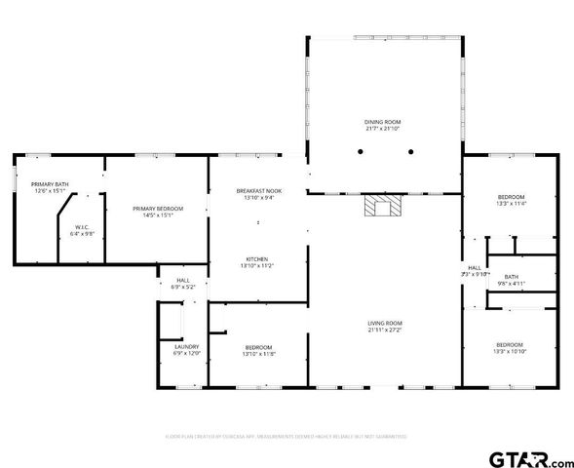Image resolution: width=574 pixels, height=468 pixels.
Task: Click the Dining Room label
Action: (382, 122)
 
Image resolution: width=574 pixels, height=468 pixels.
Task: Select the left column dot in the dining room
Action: (360, 151)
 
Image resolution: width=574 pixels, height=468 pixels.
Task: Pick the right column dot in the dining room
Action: (411, 151)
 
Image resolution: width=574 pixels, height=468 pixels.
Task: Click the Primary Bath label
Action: (50, 184)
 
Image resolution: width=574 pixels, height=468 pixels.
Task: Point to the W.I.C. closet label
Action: (82, 228)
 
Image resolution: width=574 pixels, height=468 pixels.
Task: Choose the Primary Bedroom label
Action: (158, 209)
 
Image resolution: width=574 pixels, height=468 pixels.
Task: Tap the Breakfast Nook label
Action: (259, 190)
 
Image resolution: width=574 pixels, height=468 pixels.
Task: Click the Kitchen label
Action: (259, 259)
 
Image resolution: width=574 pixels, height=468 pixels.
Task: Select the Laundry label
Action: (186, 346)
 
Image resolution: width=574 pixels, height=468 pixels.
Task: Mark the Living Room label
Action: (385, 324)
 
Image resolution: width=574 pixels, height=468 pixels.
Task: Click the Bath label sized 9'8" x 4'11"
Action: (511, 277)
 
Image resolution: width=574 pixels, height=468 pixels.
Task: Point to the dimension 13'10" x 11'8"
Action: (258, 353)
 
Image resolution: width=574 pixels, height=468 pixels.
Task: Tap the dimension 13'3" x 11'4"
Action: (511, 204)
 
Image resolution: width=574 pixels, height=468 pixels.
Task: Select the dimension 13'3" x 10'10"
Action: (511, 351)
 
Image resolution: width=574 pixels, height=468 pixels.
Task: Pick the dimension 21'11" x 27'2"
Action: (385, 330)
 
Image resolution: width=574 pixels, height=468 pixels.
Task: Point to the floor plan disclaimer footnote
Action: (286, 436)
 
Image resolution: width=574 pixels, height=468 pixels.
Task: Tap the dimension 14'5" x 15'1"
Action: (158, 214)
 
